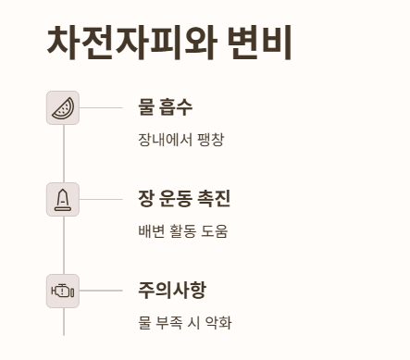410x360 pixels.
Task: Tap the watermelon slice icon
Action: point(63,107)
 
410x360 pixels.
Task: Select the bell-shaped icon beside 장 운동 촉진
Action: point(63,199)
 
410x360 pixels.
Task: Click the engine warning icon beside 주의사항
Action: point(63,291)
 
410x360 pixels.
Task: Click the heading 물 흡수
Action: point(165,107)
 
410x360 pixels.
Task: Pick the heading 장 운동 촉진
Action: point(184,199)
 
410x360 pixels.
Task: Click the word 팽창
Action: point(210,140)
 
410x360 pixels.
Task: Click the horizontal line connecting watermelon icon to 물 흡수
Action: point(101,107)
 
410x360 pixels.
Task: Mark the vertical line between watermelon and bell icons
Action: point(63,153)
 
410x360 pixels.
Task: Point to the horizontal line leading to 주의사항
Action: point(101,291)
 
